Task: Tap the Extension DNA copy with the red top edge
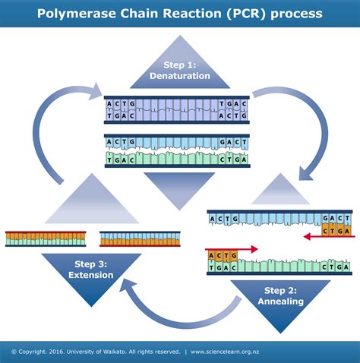click(x=46, y=238)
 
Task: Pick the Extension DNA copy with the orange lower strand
click(x=139, y=238)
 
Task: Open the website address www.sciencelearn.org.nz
click(x=236, y=352)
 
